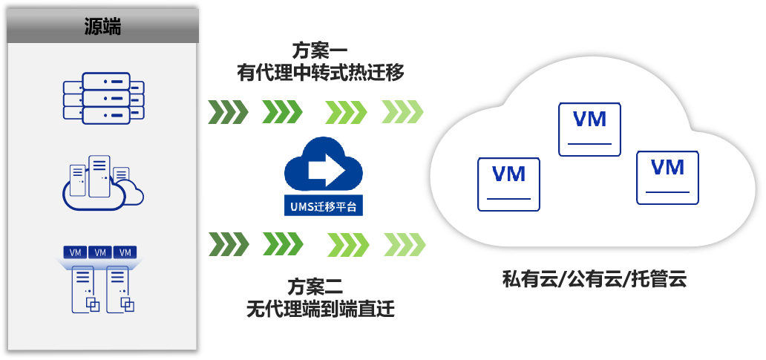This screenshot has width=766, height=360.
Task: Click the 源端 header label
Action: [x=102, y=27]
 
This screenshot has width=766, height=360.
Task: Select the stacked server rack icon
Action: [x=103, y=97]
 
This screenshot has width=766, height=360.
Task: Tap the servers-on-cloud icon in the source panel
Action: [x=103, y=182]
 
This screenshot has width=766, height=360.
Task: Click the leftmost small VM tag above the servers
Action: [x=76, y=252]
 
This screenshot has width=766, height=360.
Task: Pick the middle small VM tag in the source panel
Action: [x=100, y=252]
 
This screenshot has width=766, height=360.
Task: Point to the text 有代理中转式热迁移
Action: [x=320, y=73]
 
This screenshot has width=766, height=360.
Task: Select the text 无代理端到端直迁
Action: [x=320, y=307]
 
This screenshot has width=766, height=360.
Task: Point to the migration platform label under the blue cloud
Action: [x=324, y=205]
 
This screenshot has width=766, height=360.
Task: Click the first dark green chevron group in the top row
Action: [x=228, y=113]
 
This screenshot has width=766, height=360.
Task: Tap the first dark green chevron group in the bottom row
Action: [x=228, y=243]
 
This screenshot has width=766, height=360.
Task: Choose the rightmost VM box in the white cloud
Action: [x=667, y=177]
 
